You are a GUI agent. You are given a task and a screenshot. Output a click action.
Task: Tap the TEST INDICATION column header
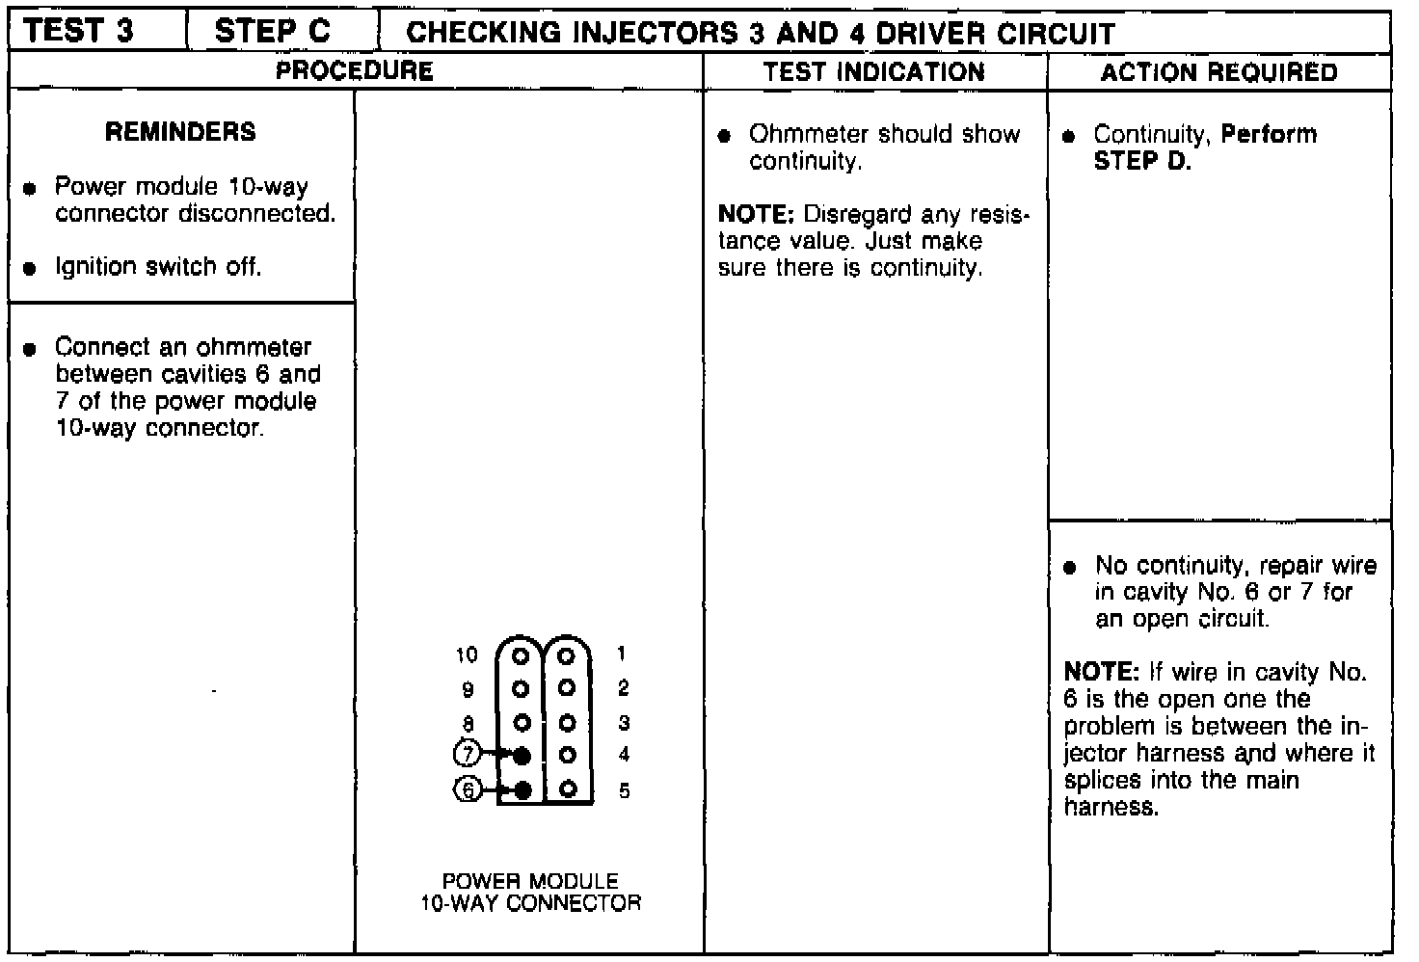874,72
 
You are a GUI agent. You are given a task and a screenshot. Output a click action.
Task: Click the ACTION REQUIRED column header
1218,72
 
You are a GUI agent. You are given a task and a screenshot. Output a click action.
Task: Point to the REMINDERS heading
180,132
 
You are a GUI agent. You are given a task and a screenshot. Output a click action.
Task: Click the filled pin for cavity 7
522,755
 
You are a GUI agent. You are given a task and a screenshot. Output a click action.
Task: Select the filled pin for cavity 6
522,790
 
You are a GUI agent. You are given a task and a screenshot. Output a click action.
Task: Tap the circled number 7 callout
467,753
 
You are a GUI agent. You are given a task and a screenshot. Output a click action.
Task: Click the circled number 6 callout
467,789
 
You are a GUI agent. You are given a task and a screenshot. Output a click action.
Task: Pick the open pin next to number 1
567,655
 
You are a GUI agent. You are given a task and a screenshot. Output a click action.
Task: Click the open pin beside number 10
522,655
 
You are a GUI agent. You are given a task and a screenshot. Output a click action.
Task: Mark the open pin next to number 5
568,789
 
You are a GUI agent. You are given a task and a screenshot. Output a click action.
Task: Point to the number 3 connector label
624,723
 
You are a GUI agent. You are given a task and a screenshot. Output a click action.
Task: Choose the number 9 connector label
468,690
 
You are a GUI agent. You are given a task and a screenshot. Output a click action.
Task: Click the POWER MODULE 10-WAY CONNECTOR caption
530,893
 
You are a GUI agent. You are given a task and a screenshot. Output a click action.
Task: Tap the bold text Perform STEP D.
1205,147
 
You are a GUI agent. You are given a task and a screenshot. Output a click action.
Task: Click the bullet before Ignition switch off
31,268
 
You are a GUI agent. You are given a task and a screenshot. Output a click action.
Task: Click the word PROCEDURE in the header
354,71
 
